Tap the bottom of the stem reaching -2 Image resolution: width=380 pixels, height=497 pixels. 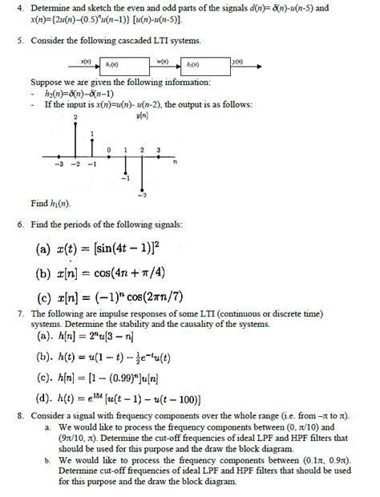144,190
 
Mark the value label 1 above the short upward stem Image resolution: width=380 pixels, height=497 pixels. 93,132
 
